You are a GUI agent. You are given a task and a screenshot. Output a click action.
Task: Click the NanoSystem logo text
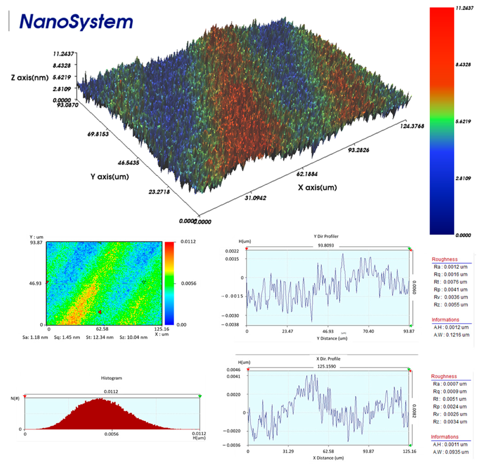click(x=76, y=22)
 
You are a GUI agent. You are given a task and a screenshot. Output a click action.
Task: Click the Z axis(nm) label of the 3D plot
click(x=30, y=77)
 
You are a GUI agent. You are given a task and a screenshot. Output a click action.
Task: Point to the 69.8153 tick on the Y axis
click(x=98, y=134)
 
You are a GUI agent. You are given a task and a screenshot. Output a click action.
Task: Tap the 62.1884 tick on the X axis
click(x=307, y=174)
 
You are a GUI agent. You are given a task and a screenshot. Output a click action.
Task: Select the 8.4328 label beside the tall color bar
click(x=463, y=65)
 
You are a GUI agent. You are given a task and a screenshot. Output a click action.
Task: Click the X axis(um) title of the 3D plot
click(x=317, y=187)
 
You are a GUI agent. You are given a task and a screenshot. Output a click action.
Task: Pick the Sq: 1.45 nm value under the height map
click(x=67, y=337)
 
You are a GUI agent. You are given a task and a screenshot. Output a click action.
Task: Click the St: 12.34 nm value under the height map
click(x=99, y=337)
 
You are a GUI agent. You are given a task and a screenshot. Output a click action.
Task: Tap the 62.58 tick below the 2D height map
click(x=102, y=329)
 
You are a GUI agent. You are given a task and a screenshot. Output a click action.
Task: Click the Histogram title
click(x=111, y=378)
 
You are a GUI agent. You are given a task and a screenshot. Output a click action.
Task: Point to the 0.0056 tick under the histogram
click(x=111, y=434)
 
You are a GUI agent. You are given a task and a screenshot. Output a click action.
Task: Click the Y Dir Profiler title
click(x=326, y=236)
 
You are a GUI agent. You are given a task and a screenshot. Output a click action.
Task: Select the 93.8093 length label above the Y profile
click(x=326, y=245)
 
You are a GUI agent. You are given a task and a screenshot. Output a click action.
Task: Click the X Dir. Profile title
click(x=328, y=359)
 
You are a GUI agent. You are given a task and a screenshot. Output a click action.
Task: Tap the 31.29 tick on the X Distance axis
click(x=288, y=451)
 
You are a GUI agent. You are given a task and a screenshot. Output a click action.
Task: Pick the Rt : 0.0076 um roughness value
click(x=450, y=282)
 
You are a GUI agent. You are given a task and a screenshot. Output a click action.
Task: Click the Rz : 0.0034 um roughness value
click(x=450, y=422)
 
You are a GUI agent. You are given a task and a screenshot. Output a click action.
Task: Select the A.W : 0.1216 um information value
click(x=451, y=335)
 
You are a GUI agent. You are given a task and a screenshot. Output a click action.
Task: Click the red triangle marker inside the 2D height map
click(x=100, y=312)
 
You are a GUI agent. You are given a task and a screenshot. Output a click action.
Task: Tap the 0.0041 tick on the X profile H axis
click(x=233, y=376)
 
